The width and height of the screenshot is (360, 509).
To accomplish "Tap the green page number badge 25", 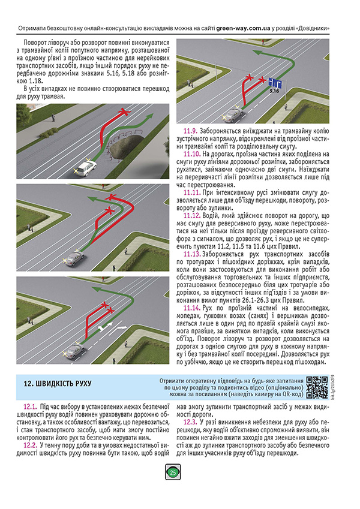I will click(x=173, y=472).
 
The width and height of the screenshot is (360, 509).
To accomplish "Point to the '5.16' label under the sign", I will click(x=274, y=92).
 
